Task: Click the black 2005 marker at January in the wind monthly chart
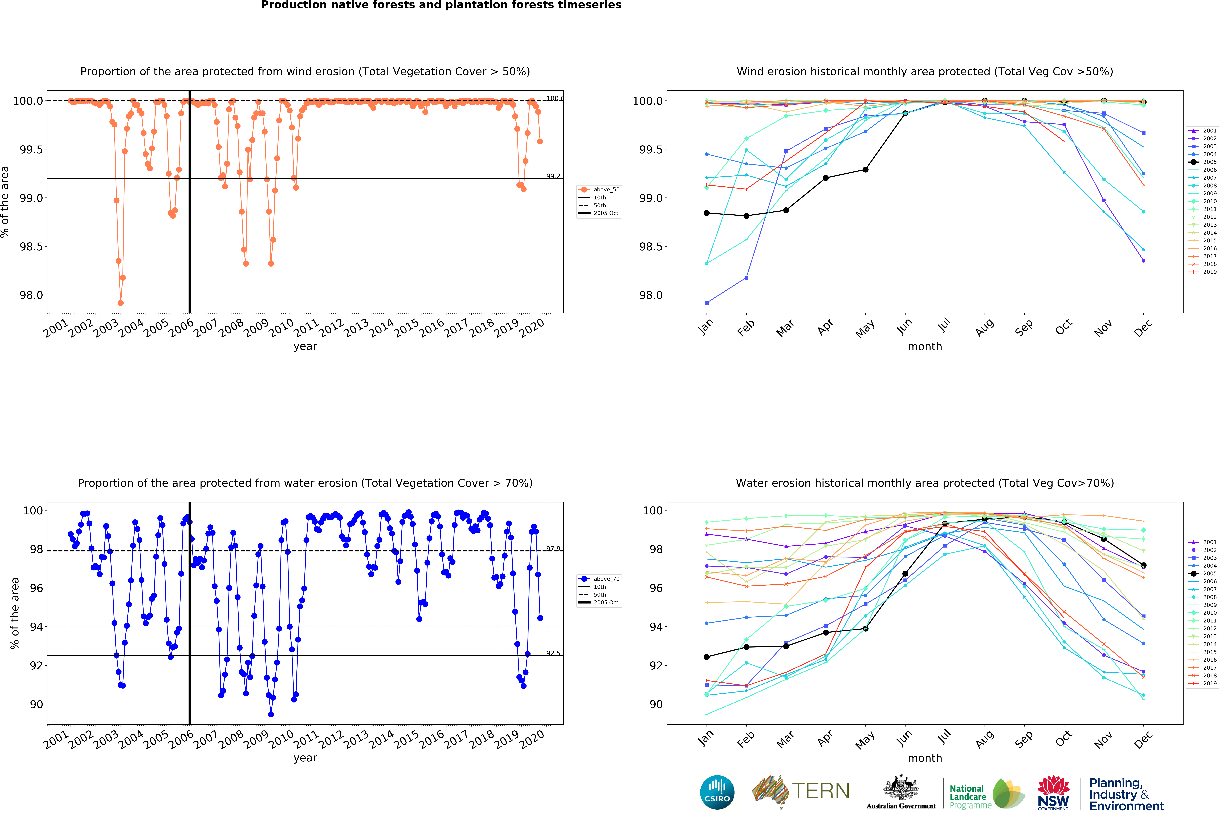(x=707, y=213)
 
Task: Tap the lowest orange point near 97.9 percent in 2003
(x=121, y=303)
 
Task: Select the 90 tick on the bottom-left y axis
(x=37, y=704)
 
